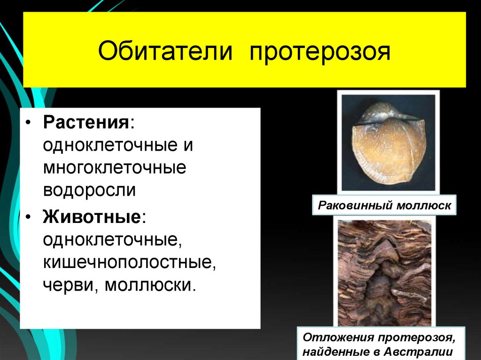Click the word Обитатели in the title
pos(165,51)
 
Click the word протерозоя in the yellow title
pos(320,52)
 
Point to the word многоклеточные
pos(115,168)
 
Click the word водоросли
pos(90,191)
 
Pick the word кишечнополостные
pos(130,262)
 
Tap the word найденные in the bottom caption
pos(334,352)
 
